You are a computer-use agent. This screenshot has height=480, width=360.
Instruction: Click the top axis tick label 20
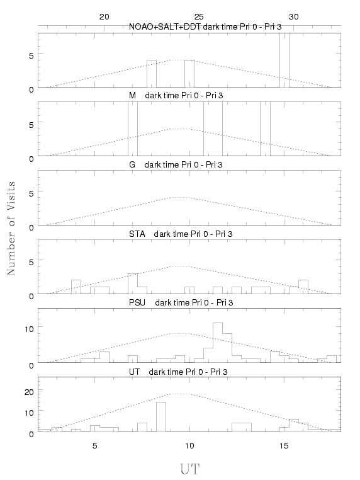104,17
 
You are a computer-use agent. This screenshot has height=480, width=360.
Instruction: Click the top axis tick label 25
198,17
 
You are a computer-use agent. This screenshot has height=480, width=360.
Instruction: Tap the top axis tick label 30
294,17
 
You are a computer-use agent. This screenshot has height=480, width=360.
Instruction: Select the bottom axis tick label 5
95,446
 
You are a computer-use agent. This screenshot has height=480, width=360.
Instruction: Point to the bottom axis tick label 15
284,446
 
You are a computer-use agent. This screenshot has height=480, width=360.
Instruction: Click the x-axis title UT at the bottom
189,469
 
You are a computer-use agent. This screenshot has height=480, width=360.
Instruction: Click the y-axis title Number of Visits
11,228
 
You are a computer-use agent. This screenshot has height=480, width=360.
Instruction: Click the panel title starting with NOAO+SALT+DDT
205,27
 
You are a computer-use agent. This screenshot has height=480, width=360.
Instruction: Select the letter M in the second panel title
132,96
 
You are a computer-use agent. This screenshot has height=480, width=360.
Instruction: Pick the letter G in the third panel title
132,164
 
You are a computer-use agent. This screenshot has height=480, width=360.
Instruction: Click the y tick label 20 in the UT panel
29,392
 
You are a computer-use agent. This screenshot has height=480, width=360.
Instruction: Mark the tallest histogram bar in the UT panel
161,416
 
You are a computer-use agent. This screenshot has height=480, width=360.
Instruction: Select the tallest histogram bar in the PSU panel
218,343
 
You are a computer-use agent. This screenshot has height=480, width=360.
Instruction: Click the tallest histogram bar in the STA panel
133,283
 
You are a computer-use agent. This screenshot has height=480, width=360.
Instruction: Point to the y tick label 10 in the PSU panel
29,329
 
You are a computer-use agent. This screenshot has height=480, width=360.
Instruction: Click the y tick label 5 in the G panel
31,193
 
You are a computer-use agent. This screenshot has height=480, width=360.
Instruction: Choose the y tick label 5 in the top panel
31,55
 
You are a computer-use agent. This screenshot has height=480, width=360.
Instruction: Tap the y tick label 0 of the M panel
31,159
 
